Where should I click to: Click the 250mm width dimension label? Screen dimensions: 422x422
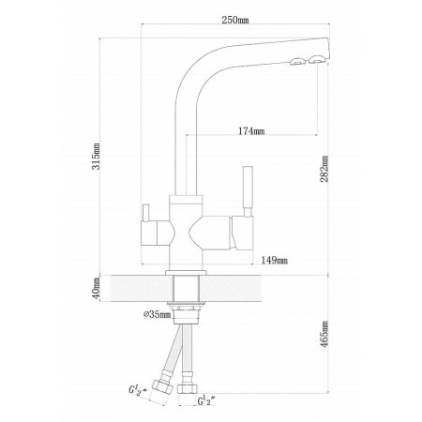tap(235, 20)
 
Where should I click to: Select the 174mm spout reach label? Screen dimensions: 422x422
tap(251, 131)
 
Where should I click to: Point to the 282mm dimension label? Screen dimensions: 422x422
tap(324, 169)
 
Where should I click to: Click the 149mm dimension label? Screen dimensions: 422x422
tap(275, 260)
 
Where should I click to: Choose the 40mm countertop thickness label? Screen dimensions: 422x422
tap(96, 288)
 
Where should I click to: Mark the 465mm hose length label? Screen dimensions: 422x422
tap(325, 334)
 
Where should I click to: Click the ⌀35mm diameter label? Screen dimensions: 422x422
tap(158, 314)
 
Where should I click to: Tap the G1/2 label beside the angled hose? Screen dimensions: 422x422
tap(138, 391)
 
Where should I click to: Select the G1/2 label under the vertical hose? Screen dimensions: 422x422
tap(206, 401)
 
